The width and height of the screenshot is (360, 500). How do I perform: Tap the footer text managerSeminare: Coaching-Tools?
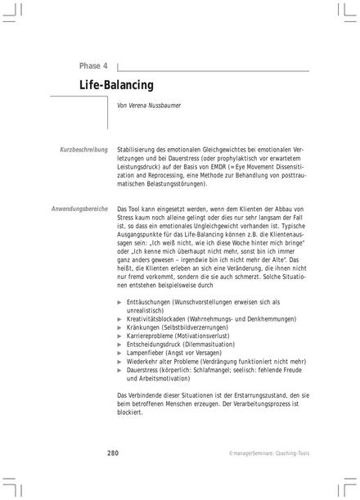click(x=268, y=453)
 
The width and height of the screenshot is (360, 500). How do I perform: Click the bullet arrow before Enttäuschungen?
click(x=120, y=302)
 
